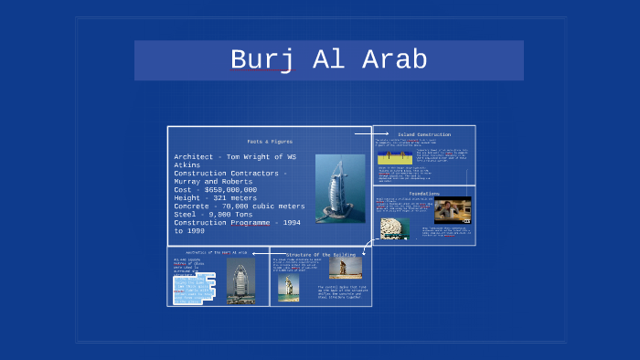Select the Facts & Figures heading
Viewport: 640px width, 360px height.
coord(270,141)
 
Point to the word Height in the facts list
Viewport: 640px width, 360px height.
coord(190,197)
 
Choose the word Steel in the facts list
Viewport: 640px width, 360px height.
coord(188,214)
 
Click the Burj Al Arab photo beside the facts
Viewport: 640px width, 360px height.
coord(334,188)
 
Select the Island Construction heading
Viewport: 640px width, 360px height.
coord(424,134)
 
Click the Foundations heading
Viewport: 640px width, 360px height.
coord(424,194)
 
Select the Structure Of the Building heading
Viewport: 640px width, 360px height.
coord(320,254)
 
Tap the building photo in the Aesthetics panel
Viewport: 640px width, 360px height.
coord(241,281)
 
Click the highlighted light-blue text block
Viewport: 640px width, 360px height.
coord(195,288)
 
